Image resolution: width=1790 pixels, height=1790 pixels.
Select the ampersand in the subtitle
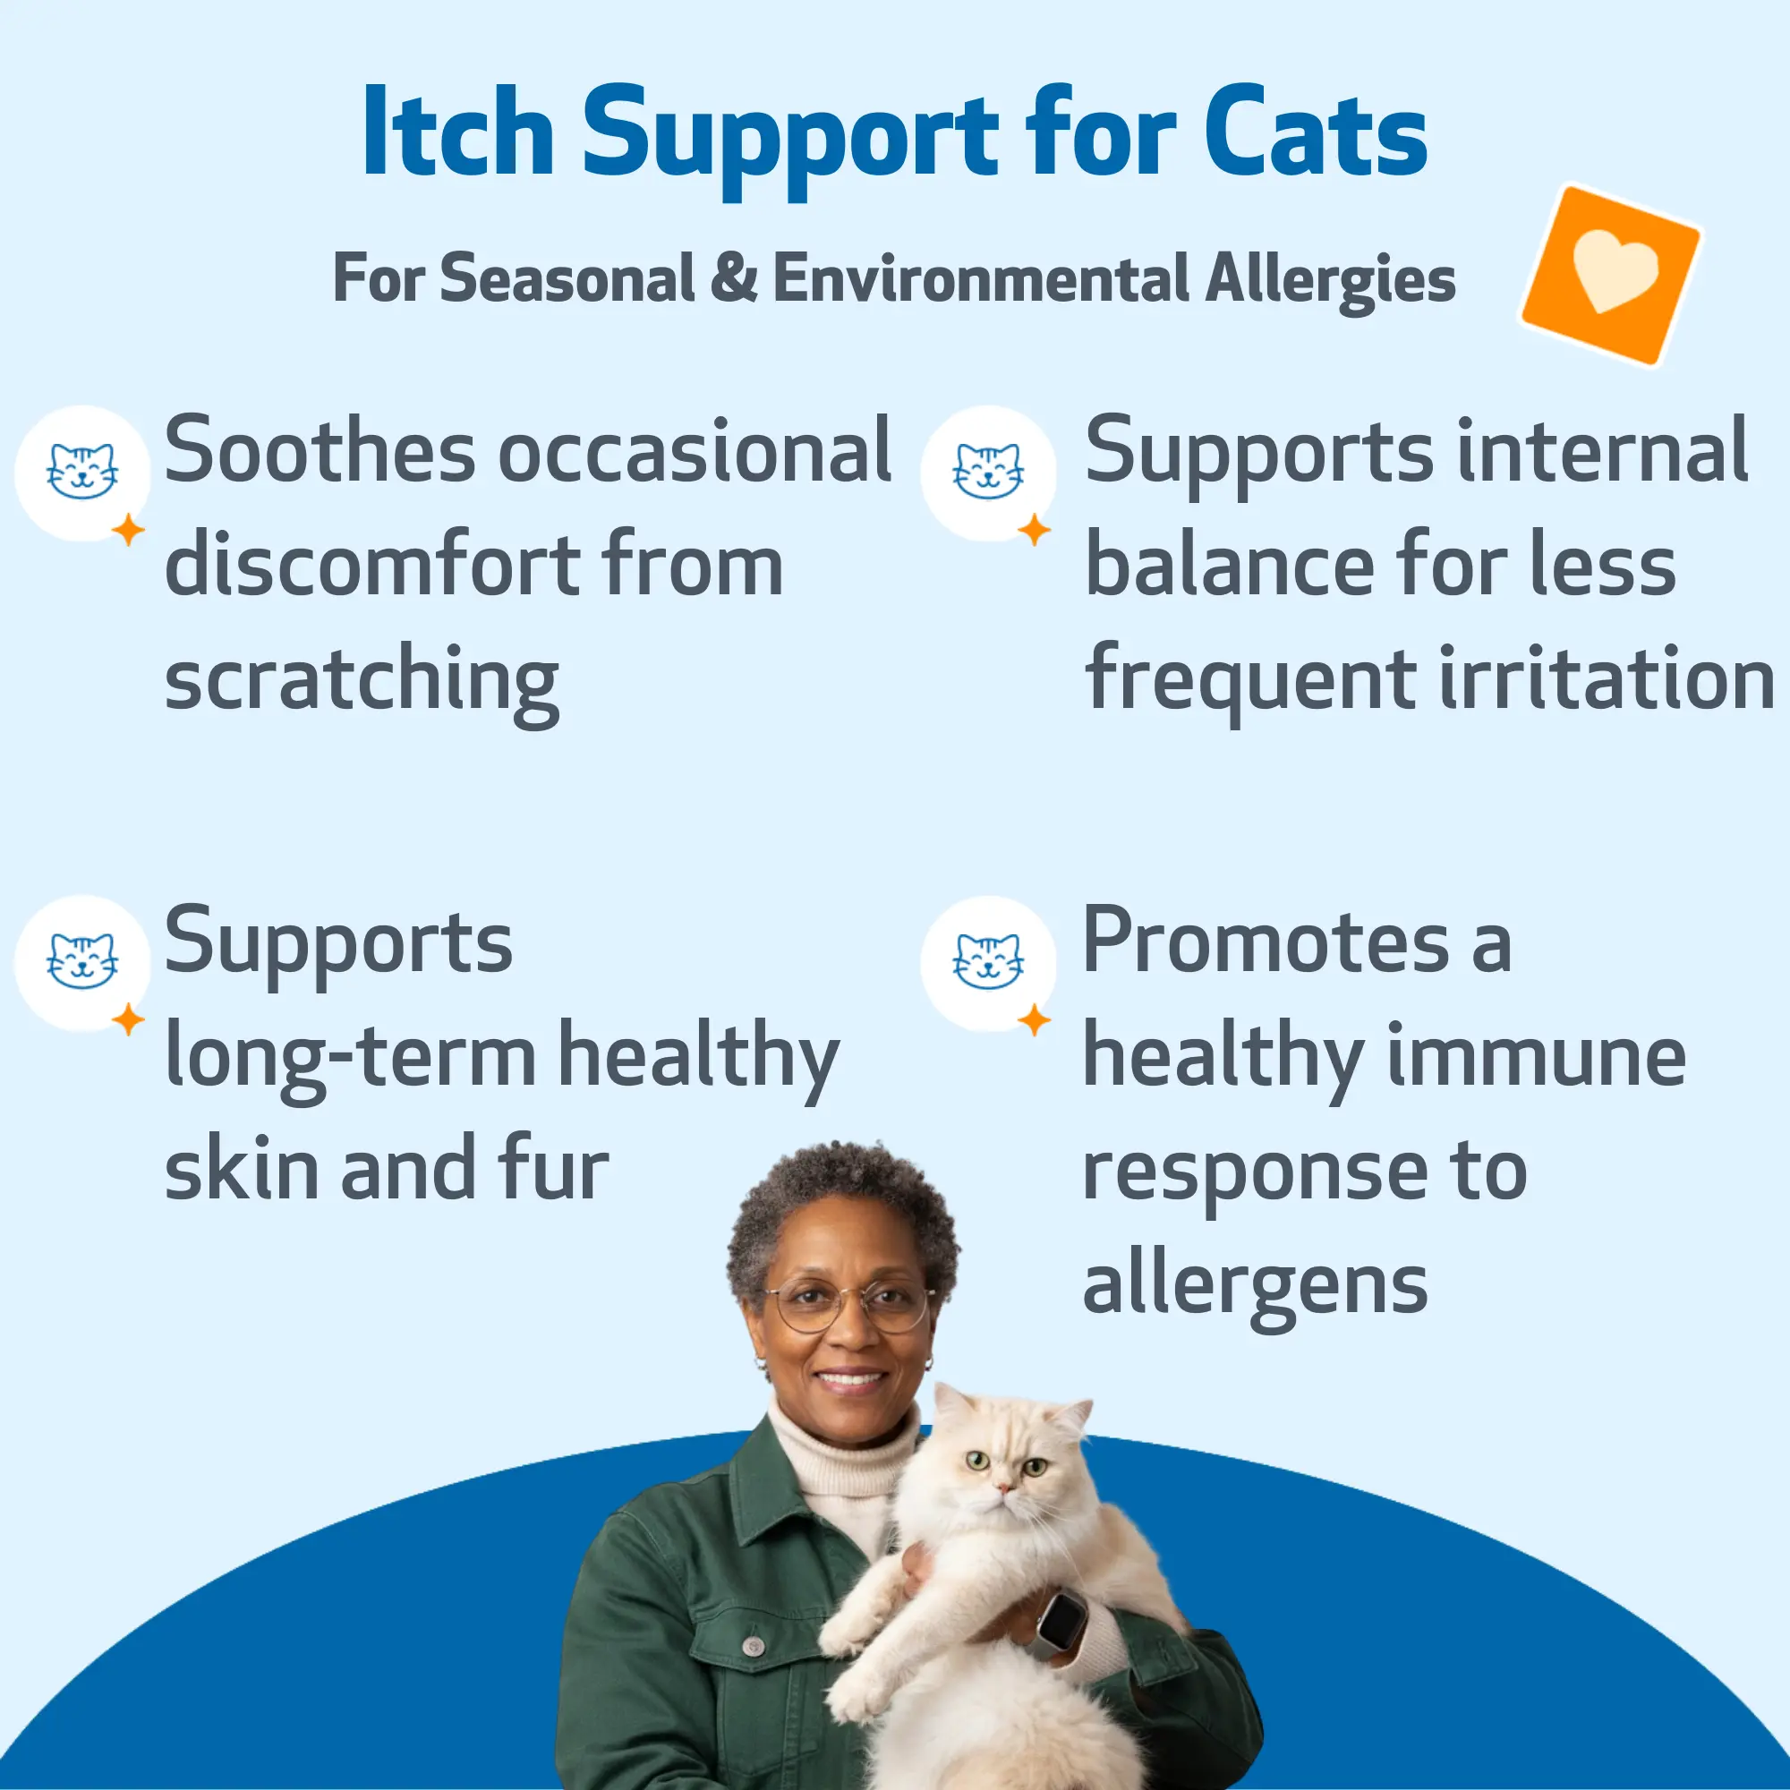[734, 278]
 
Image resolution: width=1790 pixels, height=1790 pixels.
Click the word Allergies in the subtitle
[1331, 280]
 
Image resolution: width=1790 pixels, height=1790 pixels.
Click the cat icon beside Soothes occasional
[81, 473]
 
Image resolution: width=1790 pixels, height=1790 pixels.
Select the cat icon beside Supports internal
[988, 473]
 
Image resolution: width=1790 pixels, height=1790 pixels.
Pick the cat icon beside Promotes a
[988, 964]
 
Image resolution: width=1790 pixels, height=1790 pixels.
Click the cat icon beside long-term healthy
[81, 964]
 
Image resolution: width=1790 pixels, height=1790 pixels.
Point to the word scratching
[362, 683]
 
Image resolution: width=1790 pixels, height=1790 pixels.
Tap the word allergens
[1256, 1287]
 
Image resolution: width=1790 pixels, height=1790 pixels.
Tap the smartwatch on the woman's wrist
[1060, 1624]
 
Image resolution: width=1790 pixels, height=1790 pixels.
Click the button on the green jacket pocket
[754, 1647]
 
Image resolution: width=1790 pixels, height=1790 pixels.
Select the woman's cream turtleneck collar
[839, 1459]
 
